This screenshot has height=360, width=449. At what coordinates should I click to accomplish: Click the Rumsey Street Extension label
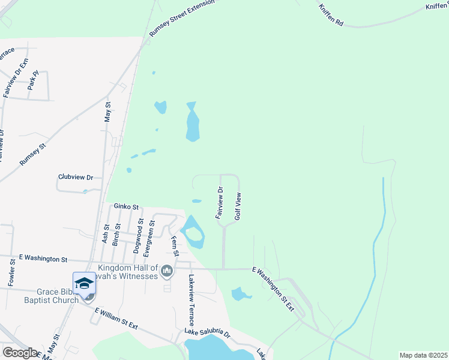pyautogui.click(x=182, y=19)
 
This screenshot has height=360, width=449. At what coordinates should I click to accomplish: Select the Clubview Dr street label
pyautogui.click(x=76, y=178)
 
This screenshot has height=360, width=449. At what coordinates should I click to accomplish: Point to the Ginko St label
pyautogui.click(x=127, y=206)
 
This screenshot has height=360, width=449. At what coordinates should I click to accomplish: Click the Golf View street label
pyautogui.click(x=238, y=206)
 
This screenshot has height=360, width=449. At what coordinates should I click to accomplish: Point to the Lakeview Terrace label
pyautogui.click(x=191, y=296)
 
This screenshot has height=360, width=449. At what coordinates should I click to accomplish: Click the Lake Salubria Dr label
pyautogui.click(x=207, y=333)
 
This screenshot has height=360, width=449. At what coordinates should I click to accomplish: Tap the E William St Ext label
pyautogui.click(x=116, y=318)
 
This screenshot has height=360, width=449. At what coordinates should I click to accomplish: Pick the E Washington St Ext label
pyautogui.click(x=273, y=289)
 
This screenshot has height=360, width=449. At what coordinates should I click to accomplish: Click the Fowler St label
pyautogui.click(x=11, y=271)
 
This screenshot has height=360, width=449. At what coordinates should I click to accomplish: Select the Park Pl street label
pyautogui.click(x=32, y=80)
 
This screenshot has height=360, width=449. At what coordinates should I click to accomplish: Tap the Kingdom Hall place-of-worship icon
pyautogui.click(x=167, y=272)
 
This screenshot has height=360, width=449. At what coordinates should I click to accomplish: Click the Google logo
pyautogui.click(x=20, y=353)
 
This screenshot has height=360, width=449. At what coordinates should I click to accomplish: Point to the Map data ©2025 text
pyautogui.click(x=423, y=355)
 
